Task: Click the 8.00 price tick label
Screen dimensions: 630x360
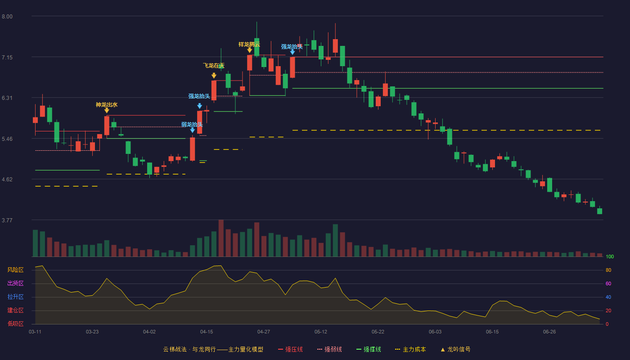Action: [7, 17]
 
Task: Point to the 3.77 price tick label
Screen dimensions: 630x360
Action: [7, 220]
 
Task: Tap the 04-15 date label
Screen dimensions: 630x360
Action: [207, 332]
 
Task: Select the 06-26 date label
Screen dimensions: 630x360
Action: [549, 332]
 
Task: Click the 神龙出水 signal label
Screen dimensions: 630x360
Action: [107, 104]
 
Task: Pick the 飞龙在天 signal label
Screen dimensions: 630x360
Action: [214, 66]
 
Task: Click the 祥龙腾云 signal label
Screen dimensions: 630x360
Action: [249, 44]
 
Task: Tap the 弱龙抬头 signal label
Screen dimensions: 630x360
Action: [192, 124]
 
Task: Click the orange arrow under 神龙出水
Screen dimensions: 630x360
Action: [107, 111]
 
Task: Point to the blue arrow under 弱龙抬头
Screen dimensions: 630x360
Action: [193, 130]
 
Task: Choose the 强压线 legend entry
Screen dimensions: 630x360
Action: [290, 349]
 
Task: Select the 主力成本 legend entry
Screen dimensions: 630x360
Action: [410, 349]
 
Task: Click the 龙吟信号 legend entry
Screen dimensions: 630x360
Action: [455, 349]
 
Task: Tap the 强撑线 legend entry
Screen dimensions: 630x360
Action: [369, 349]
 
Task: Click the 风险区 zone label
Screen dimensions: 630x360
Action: [15, 270]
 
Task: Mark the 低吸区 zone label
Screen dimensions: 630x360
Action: [15, 324]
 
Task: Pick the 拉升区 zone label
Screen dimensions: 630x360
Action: [15, 297]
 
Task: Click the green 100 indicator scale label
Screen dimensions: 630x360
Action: [610, 256]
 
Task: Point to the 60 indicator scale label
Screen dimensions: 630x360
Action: [608, 283]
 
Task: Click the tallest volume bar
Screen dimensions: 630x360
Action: [221, 238]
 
